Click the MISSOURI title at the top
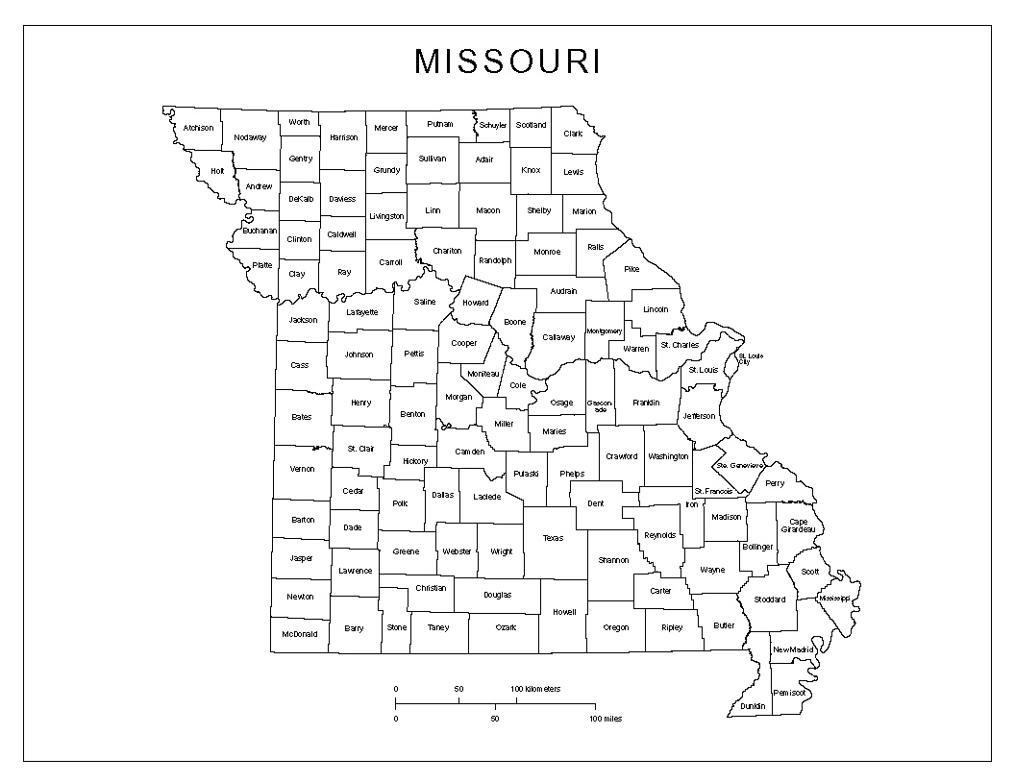coord(507,61)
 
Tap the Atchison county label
coord(198,128)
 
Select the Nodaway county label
coord(250,137)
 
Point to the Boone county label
coord(515,322)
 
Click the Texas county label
coord(553,538)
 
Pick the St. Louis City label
coord(750,360)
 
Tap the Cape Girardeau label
coord(798,526)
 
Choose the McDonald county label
coord(299,634)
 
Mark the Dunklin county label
coord(753,706)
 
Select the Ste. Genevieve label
coord(740,465)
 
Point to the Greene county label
coord(406,551)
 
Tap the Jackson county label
coord(303,320)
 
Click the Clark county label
coord(573,134)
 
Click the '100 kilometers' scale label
coord(535,689)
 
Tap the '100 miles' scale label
coord(606,719)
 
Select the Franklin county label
coord(645,403)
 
